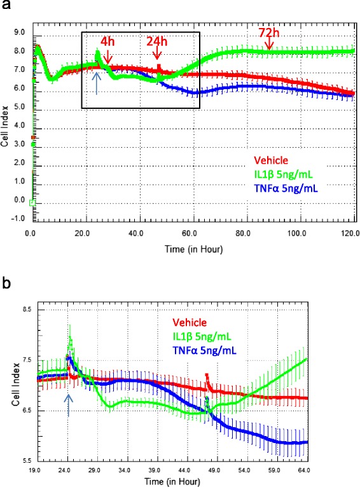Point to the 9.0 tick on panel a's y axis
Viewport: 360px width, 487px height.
[x=19, y=32]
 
